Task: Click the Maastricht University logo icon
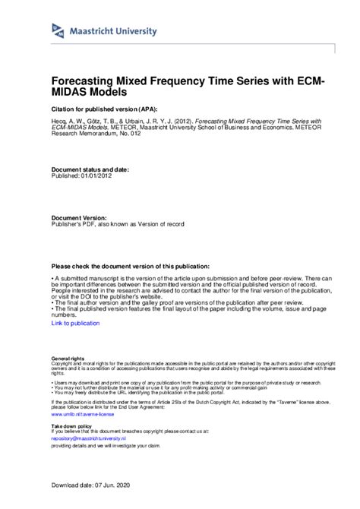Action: click(58, 30)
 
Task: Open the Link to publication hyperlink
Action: click(75, 324)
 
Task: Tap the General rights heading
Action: click(68, 358)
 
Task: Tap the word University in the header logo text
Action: click(136, 31)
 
